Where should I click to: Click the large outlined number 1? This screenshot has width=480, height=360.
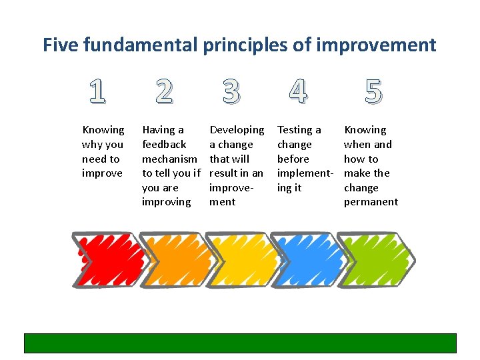[x=97, y=91]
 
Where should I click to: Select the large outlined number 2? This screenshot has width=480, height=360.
[x=163, y=91]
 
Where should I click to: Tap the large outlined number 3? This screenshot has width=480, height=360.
[x=231, y=91]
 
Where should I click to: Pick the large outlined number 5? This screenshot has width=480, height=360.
[x=373, y=91]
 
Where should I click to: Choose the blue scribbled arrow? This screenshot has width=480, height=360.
[x=307, y=259]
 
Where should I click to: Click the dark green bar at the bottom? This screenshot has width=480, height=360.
[x=240, y=343]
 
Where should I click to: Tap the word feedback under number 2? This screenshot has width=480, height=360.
[x=164, y=145]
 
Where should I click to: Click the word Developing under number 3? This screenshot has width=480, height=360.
[x=237, y=130]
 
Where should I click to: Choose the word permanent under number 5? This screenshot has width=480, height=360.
[x=371, y=202]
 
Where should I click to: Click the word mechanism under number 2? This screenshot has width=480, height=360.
[x=169, y=159]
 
